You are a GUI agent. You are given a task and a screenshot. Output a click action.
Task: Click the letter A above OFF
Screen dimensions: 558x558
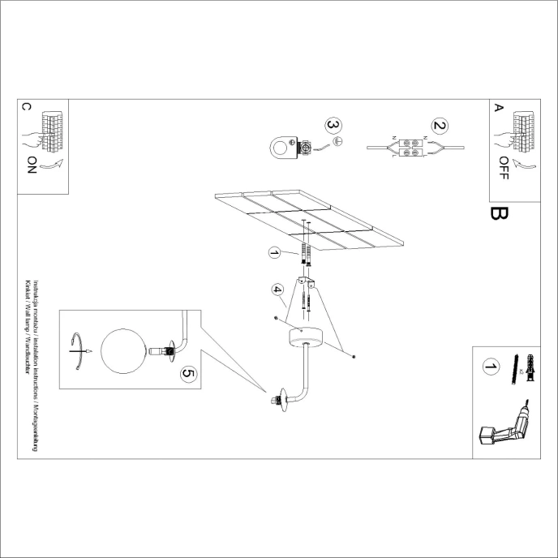click(x=499, y=107)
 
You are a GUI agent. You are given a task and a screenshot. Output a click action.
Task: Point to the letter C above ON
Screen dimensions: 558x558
click(x=26, y=108)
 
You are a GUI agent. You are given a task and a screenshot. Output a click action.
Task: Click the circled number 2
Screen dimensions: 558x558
click(x=440, y=126)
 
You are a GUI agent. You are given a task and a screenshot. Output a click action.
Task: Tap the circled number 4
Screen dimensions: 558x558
click(x=277, y=288)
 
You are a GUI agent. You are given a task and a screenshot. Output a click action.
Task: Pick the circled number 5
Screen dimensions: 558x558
click(x=188, y=373)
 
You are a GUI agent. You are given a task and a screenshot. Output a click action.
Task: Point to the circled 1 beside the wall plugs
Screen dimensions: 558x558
click(x=275, y=254)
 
